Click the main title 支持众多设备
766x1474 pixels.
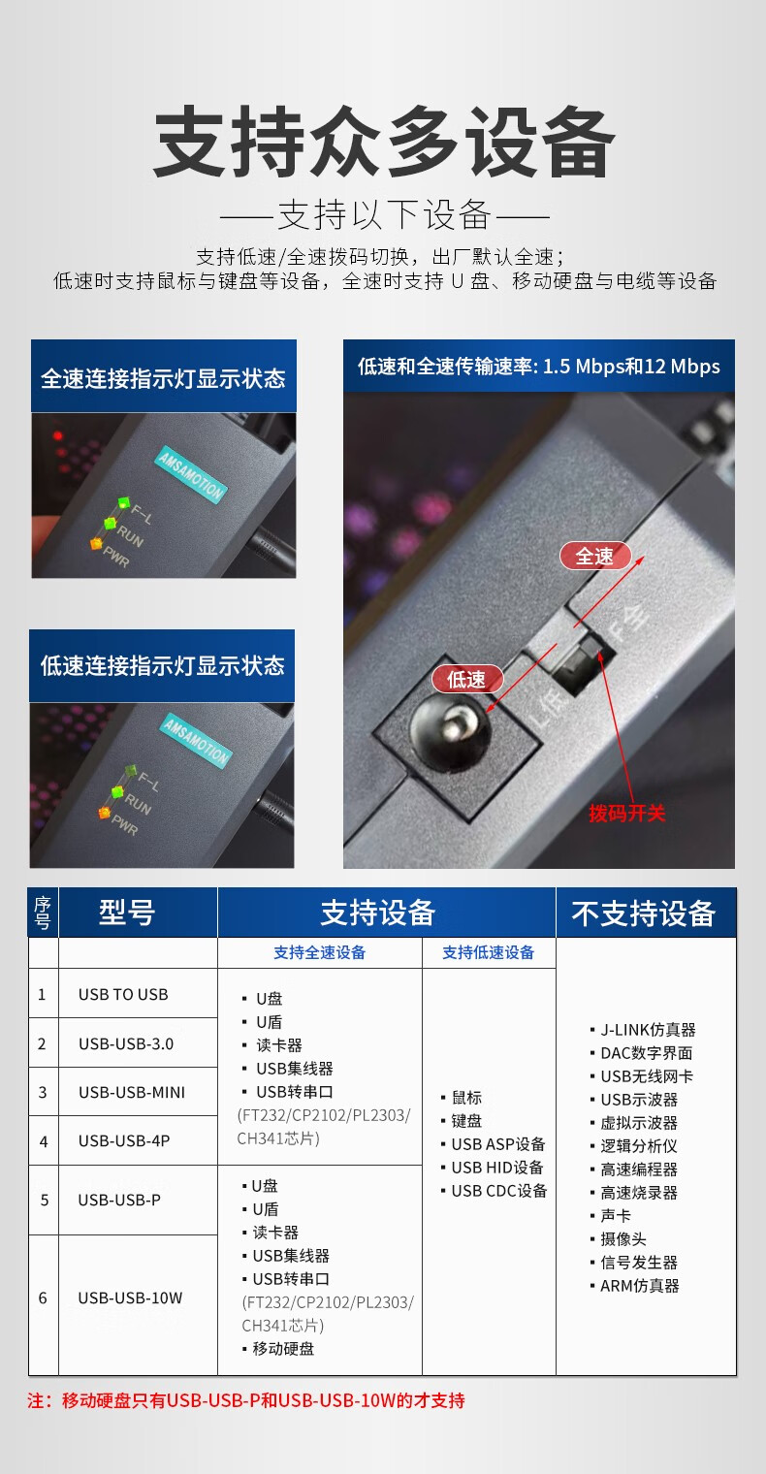(x=384, y=142)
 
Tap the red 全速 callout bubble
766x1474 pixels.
(x=595, y=556)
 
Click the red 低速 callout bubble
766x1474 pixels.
(x=466, y=679)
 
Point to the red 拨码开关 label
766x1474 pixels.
(x=627, y=814)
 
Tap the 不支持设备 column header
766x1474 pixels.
(x=644, y=913)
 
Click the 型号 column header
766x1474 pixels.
(x=126, y=913)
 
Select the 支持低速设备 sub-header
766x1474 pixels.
(x=488, y=952)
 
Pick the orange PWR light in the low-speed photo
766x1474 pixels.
(x=104, y=814)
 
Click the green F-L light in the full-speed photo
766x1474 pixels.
(x=124, y=503)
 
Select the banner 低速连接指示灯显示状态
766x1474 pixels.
(x=162, y=665)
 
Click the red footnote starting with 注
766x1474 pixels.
(x=246, y=1400)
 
